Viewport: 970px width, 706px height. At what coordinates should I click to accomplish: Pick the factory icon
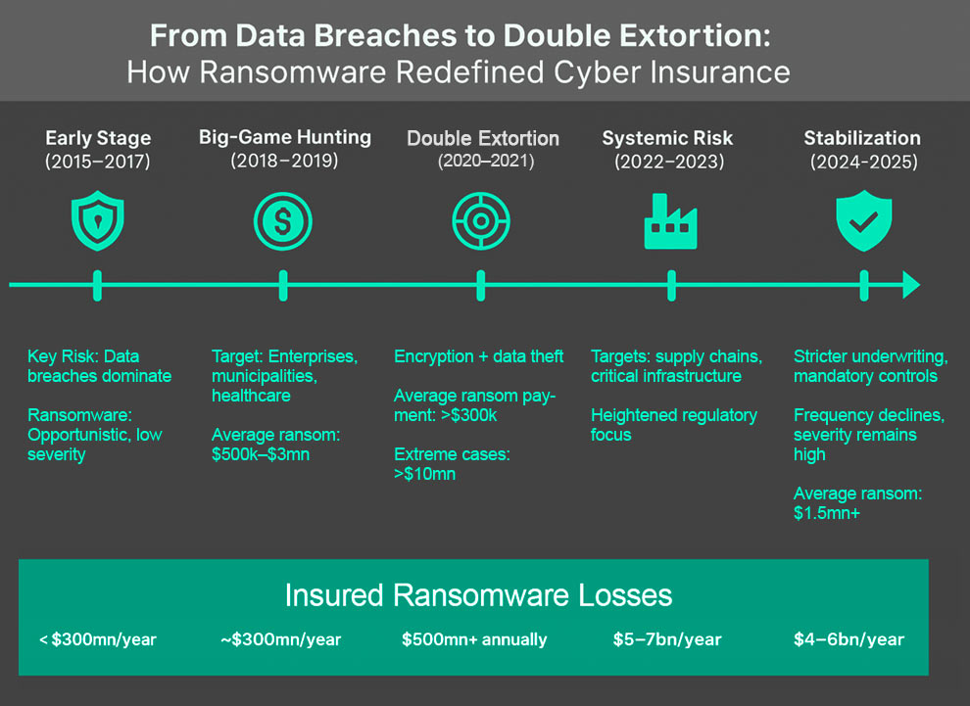pyautogui.click(x=671, y=221)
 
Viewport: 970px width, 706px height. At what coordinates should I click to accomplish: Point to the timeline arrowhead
pyautogui.click(x=911, y=285)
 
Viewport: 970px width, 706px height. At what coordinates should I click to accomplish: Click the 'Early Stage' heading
pyautogui.click(x=98, y=138)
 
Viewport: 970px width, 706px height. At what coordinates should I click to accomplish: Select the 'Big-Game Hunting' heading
pyautogui.click(x=285, y=137)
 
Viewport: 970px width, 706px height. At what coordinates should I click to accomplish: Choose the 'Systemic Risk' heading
pyautogui.click(x=667, y=138)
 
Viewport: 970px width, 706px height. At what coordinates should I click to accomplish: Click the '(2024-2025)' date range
pyautogui.click(x=863, y=162)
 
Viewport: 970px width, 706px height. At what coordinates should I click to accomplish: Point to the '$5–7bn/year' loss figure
pyautogui.click(x=666, y=639)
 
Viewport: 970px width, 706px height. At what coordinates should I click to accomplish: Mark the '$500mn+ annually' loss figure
pyautogui.click(x=474, y=639)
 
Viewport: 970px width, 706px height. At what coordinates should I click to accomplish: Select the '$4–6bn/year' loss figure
pyautogui.click(x=849, y=639)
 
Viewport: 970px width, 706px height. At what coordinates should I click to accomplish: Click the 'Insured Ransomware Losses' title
pyautogui.click(x=478, y=594)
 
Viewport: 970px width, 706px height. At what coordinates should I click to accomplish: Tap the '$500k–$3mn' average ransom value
pyautogui.click(x=261, y=454)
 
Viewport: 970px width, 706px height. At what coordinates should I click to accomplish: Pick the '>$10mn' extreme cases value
pyautogui.click(x=424, y=474)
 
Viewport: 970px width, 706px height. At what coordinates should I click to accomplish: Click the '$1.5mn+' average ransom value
pyautogui.click(x=826, y=513)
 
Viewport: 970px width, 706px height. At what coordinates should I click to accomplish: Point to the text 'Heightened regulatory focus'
pyautogui.click(x=673, y=424)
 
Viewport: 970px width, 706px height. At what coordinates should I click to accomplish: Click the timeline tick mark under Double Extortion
pyautogui.click(x=480, y=285)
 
